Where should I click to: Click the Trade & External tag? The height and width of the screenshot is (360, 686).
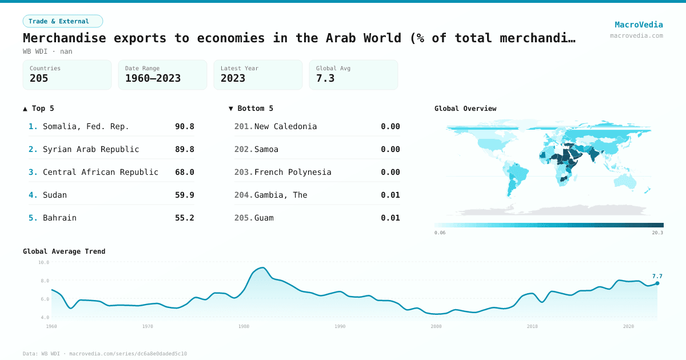(62, 21)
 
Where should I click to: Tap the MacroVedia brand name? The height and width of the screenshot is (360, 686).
(639, 25)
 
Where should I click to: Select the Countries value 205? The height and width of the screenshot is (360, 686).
(39, 78)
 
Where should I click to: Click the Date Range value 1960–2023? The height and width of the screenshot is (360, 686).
(153, 78)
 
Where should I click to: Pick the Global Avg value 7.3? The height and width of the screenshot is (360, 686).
(325, 78)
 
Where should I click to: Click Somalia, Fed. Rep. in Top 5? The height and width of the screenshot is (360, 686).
(86, 126)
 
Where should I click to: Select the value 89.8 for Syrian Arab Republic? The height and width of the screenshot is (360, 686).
(184, 149)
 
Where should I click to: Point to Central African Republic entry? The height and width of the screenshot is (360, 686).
(101, 172)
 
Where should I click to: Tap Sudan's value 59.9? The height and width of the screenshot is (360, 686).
(184, 195)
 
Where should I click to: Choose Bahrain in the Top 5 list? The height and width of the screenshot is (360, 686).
(59, 218)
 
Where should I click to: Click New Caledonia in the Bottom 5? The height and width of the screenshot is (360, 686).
(285, 126)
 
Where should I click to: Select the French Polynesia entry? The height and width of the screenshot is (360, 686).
(293, 172)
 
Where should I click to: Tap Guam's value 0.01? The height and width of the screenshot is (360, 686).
(390, 218)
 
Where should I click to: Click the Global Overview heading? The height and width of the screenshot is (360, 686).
(465, 109)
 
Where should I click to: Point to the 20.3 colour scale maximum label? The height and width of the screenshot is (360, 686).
(657, 233)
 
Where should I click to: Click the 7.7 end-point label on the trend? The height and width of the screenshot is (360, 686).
(657, 276)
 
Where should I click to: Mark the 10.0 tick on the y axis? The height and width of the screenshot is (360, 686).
(43, 262)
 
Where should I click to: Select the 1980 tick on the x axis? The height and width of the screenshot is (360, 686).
(244, 326)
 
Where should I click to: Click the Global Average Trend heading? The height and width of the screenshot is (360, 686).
(64, 251)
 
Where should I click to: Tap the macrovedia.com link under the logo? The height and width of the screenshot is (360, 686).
(636, 35)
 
